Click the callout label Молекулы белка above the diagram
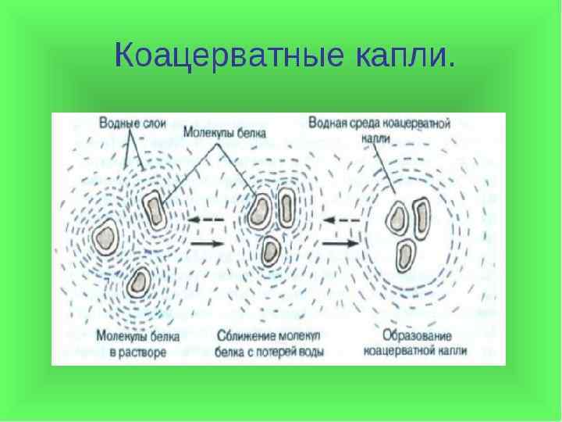click(x=225, y=133)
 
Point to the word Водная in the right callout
click(x=326, y=123)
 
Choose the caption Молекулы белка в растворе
click(x=138, y=345)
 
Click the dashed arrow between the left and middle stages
click(x=206, y=220)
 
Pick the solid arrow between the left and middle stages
click(x=206, y=244)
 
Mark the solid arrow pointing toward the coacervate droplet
click(x=340, y=244)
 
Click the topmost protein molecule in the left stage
click(x=153, y=206)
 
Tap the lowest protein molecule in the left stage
click(x=140, y=282)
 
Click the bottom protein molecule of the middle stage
click(x=270, y=249)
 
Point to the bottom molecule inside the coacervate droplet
click(x=404, y=253)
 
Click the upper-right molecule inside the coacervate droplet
click(x=422, y=218)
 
